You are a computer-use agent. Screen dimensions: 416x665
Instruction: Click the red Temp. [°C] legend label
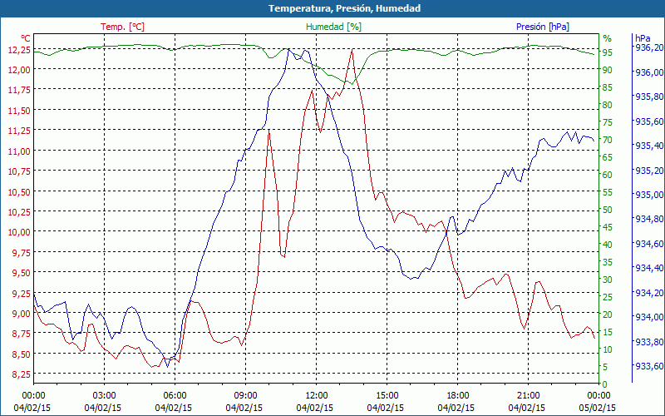(x=122, y=27)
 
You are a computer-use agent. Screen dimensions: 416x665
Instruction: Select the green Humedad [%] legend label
(x=334, y=27)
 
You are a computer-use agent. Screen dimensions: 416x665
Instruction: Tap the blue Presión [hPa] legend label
(x=543, y=27)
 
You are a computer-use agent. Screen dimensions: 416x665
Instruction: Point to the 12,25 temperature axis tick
(x=17, y=50)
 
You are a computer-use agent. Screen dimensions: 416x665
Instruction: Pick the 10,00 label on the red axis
(x=17, y=232)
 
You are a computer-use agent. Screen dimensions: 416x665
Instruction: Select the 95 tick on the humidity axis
(x=608, y=52)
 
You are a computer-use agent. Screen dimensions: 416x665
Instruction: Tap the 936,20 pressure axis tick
(x=648, y=47)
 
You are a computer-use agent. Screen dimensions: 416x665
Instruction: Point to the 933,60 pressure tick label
(x=648, y=367)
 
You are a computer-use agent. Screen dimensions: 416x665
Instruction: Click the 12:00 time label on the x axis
(x=317, y=395)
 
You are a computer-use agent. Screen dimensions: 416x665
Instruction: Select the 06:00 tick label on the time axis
(x=175, y=395)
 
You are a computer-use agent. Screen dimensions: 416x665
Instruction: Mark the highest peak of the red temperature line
(x=352, y=50)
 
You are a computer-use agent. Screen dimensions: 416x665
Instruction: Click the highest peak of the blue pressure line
(x=288, y=49)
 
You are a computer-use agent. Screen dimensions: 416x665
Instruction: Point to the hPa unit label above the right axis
(x=642, y=38)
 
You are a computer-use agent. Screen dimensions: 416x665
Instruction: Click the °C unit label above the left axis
(x=26, y=38)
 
